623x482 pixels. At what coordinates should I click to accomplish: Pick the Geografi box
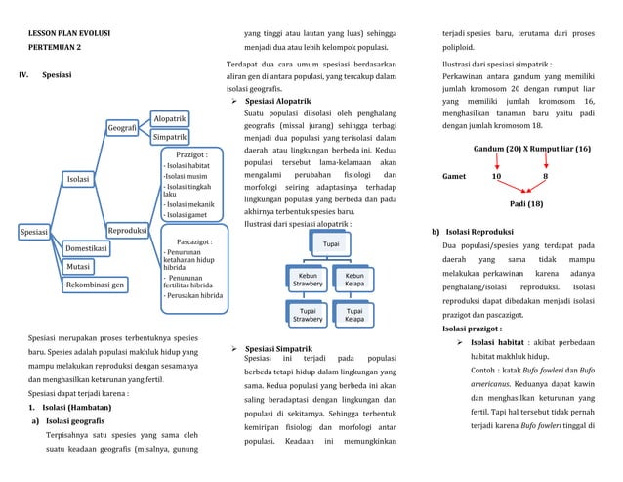[x=122, y=128]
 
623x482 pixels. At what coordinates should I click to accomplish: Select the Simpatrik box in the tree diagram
[x=170, y=138]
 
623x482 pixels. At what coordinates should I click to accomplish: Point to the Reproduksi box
[x=127, y=232]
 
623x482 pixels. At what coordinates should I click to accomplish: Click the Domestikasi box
[x=87, y=248]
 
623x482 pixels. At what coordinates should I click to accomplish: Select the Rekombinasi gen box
[x=95, y=285]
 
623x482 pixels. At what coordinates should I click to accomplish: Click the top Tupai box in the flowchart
[x=331, y=243]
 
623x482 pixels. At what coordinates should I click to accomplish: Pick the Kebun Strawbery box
[x=307, y=281]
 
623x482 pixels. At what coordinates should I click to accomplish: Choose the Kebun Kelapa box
[x=354, y=281]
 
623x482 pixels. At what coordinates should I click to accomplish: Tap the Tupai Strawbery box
[x=307, y=316]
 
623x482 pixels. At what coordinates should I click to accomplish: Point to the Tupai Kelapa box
[x=354, y=316]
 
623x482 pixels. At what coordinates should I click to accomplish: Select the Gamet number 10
[x=496, y=177]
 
